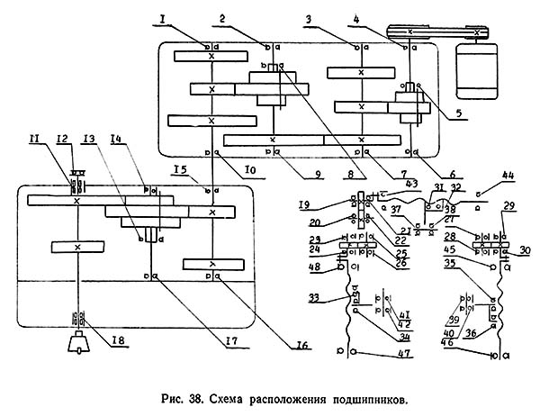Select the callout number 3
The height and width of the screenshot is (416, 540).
335,18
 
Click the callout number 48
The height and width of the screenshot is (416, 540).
313,267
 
